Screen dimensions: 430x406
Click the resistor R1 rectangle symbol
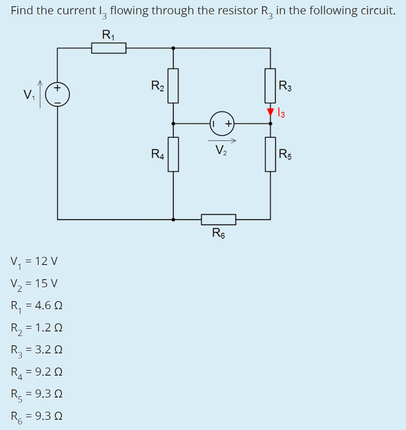coord(109,48)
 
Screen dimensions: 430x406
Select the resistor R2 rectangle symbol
coord(173,86)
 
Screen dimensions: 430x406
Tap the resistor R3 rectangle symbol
coord(270,86)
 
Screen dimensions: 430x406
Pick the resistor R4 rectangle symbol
coord(173,154)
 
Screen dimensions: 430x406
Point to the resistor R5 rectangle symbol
coord(270,154)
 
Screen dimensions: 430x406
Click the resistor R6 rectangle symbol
coord(218,219)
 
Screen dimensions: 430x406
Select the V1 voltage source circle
coord(58,94)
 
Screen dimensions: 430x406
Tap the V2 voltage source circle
coord(221,123)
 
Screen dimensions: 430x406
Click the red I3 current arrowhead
coord(270,112)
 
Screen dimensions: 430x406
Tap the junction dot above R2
coord(173,48)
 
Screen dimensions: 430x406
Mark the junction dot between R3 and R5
coord(270,123)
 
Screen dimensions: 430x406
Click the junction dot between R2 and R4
coord(173,123)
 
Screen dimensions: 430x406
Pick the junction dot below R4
coord(173,219)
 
